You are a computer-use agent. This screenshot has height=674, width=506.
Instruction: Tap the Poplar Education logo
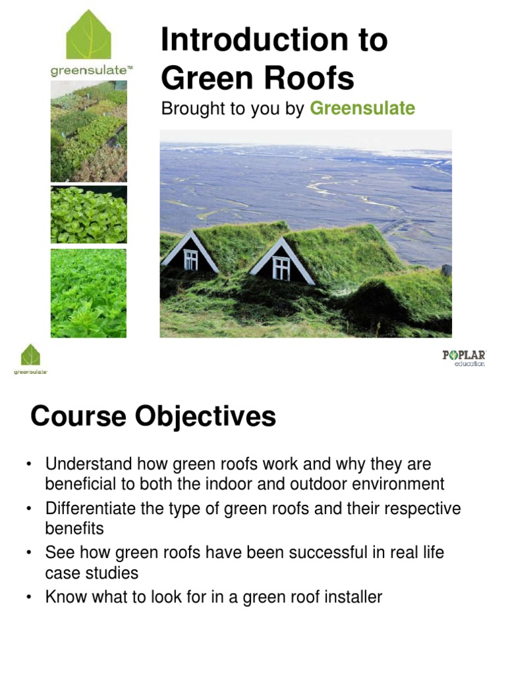click(x=463, y=358)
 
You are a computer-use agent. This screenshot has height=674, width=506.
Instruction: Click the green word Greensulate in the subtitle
click(x=362, y=109)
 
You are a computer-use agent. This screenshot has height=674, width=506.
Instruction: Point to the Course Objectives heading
click(x=153, y=417)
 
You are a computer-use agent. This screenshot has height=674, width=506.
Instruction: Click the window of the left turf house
click(x=190, y=259)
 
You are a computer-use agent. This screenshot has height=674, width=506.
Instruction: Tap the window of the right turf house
click(x=281, y=268)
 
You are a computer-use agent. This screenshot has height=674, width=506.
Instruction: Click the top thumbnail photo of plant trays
click(x=88, y=132)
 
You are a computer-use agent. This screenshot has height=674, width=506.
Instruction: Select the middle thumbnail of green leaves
click(x=88, y=215)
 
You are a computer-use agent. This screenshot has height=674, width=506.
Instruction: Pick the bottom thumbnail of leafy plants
click(x=88, y=293)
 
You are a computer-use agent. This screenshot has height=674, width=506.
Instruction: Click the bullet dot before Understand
click(x=30, y=465)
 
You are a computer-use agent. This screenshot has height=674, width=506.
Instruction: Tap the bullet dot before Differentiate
click(x=30, y=509)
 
